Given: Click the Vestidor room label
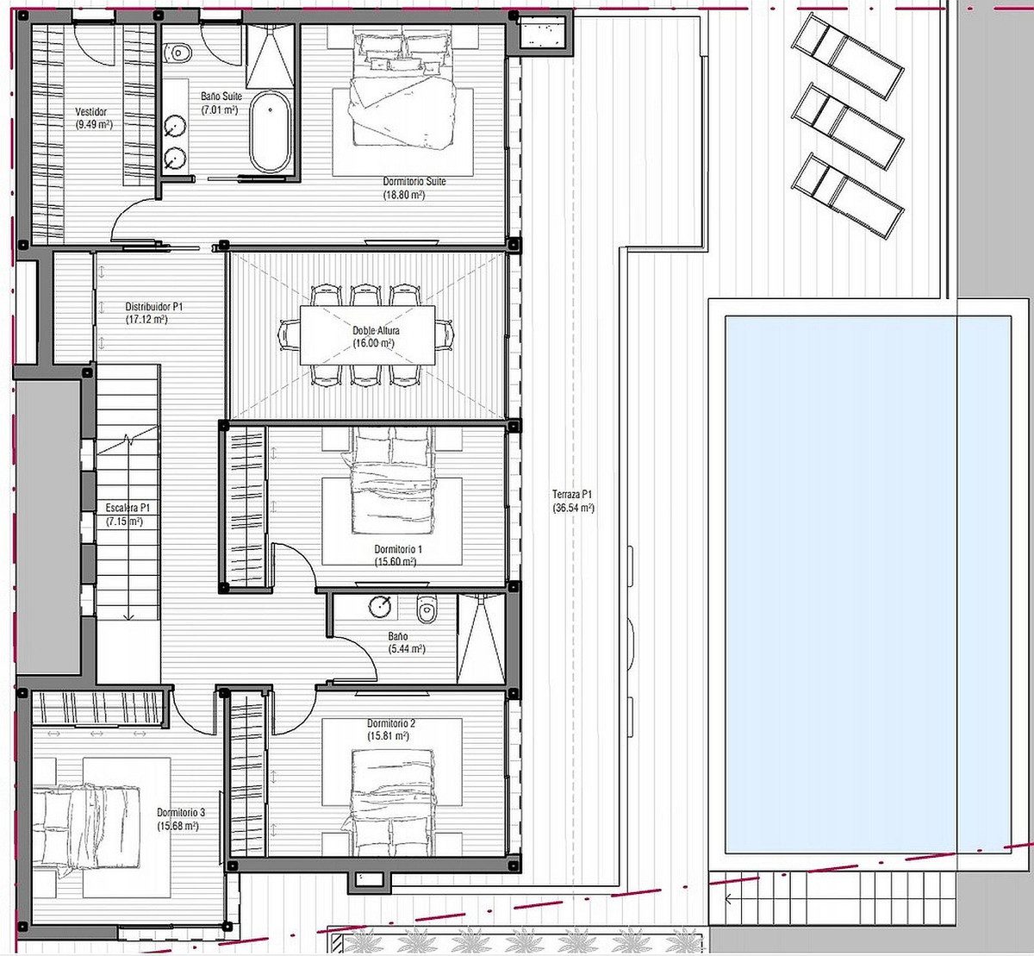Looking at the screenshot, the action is pos(91,111).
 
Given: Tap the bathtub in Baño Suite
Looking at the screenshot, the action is pos(271,132).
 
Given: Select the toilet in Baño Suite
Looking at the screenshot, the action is pos(178,53).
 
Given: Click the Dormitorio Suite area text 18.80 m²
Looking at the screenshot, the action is pos(404,196).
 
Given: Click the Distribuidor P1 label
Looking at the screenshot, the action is pos(154,306).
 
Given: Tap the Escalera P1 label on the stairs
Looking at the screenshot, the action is pos(128,508).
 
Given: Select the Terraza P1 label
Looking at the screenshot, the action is pos(573,494).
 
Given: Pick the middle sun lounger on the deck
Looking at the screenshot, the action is pos(847,126).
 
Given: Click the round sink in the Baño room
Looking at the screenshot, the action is pos(380,606).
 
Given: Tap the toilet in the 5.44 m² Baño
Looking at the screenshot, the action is pos(427,609).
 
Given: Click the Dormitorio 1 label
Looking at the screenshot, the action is pos(398,549).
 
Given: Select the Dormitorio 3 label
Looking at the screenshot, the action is pos(181,813).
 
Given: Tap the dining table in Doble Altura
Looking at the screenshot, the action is pos(368,335).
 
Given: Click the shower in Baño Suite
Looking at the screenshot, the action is pos(271,56).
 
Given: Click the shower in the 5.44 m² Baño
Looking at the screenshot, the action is pos(481,638).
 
